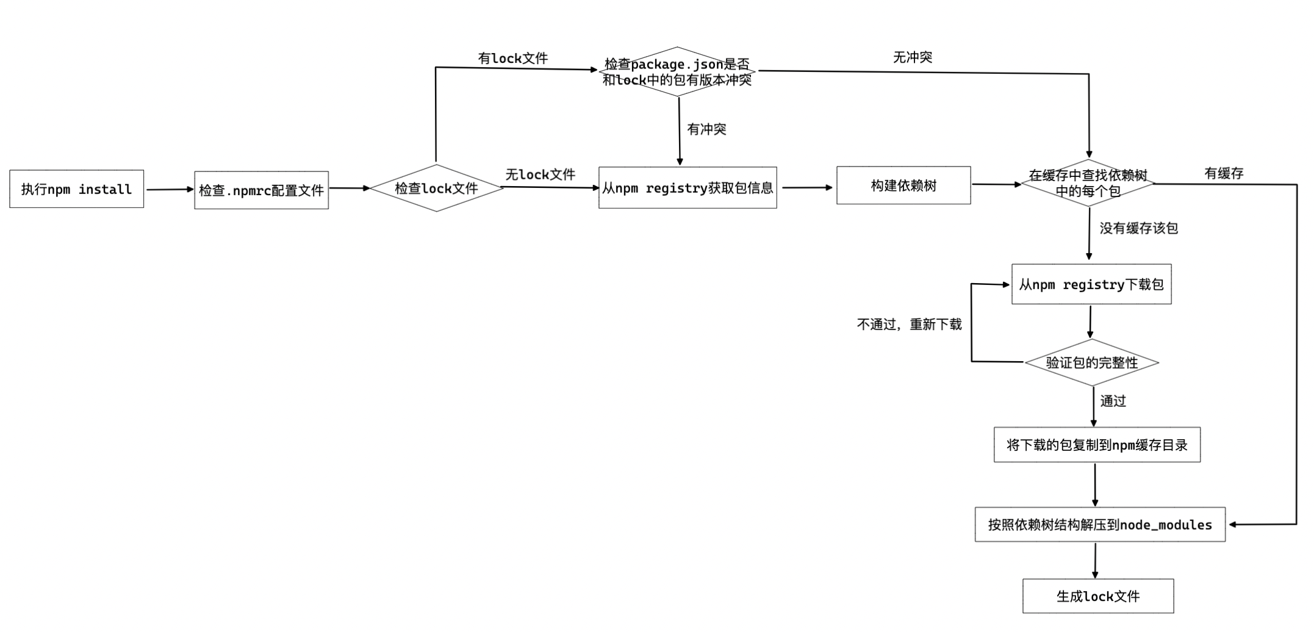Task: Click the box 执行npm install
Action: [x=77, y=189]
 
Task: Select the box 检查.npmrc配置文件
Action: [x=261, y=190]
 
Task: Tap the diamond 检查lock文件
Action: [x=436, y=188]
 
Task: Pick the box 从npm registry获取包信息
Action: [x=688, y=188]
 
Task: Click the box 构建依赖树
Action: [x=903, y=185]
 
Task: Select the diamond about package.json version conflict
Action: [x=677, y=72]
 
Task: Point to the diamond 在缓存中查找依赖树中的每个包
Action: [x=1088, y=183]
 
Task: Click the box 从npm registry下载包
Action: [x=1091, y=284]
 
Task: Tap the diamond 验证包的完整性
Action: [x=1092, y=362]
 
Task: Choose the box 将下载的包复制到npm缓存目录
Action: [x=1097, y=445]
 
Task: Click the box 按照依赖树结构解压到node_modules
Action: [x=1100, y=525]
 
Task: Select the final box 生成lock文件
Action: [x=1098, y=596]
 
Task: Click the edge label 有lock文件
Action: [x=513, y=58]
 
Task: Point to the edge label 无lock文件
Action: [x=540, y=174]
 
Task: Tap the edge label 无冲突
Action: [x=913, y=57]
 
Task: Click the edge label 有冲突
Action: [x=706, y=129]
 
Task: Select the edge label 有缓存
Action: [x=1224, y=173]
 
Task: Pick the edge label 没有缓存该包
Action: [x=1138, y=228]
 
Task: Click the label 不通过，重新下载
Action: [x=909, y=325]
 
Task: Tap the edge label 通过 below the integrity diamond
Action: [x=1113, y=401]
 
